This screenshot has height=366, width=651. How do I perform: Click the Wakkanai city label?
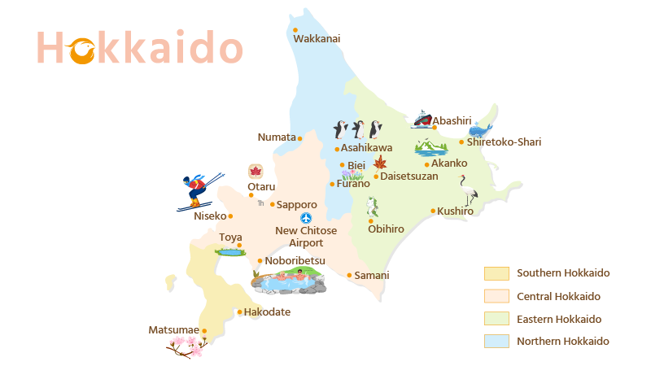point(317,38)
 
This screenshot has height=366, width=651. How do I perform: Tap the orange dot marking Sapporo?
point(272,204)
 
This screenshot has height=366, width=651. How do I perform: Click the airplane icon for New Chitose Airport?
point(306,218)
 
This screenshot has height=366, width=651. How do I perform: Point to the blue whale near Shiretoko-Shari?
point(480,129)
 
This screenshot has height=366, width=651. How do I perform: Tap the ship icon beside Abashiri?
point(422,120)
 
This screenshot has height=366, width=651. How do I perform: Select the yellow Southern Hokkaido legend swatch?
point(496,273)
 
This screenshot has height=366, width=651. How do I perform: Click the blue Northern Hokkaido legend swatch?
point(496,342)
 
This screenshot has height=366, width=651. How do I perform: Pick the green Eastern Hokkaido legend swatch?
point(496,319)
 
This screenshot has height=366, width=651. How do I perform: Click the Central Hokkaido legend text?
point(558,296)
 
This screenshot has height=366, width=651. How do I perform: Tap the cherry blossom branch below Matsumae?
point(187,347)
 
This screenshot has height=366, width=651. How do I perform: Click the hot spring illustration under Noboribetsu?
point(289,281)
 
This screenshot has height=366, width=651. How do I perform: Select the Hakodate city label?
point(267,312)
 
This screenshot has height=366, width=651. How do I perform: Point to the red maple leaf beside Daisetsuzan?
point(379,162)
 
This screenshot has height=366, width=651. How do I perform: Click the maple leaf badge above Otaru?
point(256,172)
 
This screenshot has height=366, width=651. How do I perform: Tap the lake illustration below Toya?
point(229,252)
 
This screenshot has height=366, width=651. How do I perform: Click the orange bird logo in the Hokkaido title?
point(82,50)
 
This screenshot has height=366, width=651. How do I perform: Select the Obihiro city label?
point(386,229)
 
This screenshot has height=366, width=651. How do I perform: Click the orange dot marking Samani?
point(350,275)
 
